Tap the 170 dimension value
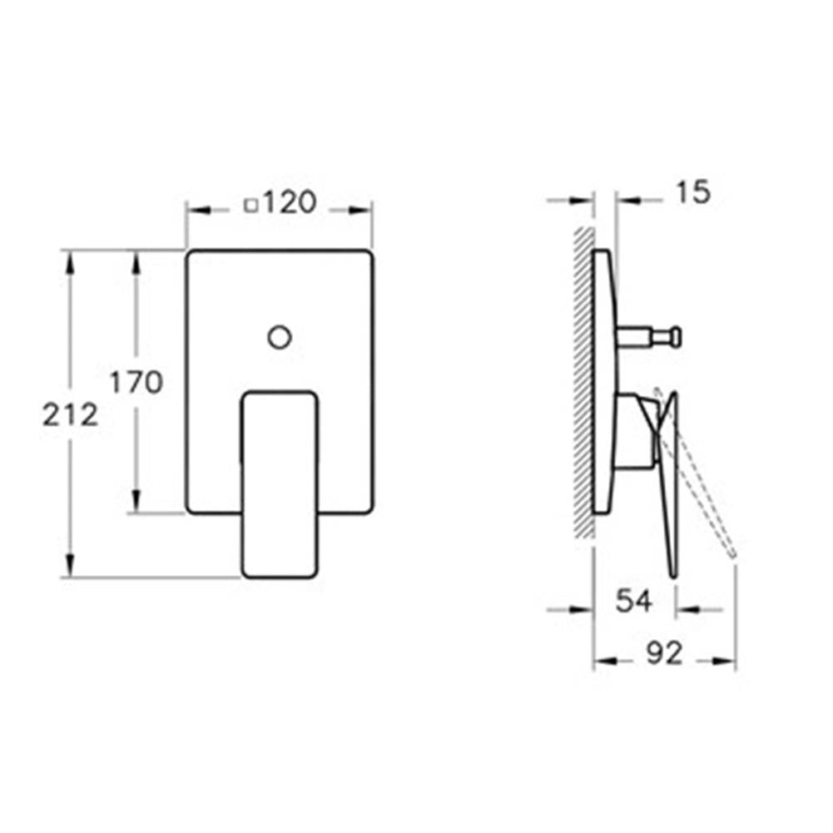point(136,382)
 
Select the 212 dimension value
point(71,414)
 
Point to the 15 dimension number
point(692,191)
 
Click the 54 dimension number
point(633,601)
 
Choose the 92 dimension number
point(664,653)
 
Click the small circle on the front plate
point(280,337)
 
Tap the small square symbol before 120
point(250,205)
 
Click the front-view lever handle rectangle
point(280,484)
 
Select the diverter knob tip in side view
point(675,337)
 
